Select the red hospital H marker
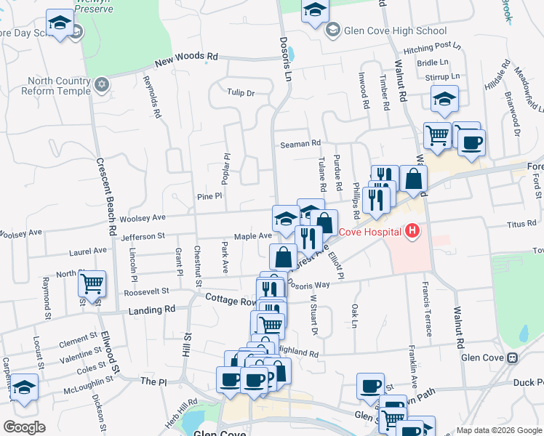(412, 232)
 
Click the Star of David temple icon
(102, 86)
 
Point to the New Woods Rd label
(185, 56)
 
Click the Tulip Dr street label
(241, 93)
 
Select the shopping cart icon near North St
(92, 284)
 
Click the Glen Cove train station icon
(513, 358)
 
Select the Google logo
(24, 427)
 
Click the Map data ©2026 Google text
(499, 430)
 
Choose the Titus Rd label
(522, 225)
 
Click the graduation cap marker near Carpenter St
(25, 388)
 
